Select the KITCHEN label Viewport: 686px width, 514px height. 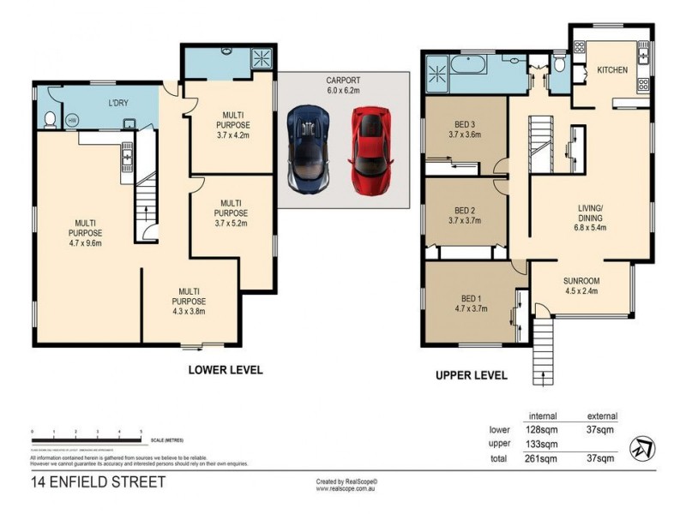pyautogui.click(x=613, y=69)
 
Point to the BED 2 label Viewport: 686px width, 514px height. pyautogui.click(x=465, y=210)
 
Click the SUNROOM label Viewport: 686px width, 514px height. pyautogui.click(x=581, y=280)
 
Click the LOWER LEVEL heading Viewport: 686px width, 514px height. pyautogui.click(x=225, y=370)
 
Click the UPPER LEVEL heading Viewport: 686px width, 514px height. pyautogui.click(x=472, y=375)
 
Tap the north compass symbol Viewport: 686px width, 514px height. pyautogui.click(x=641, y=447)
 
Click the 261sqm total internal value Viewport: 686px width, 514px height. pyautogui.click(x=543, y=459)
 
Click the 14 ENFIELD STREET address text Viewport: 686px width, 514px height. pyautogui.click(x=97, y=482)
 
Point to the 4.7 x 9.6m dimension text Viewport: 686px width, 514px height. pyautogui.click(x=85, y=242)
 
